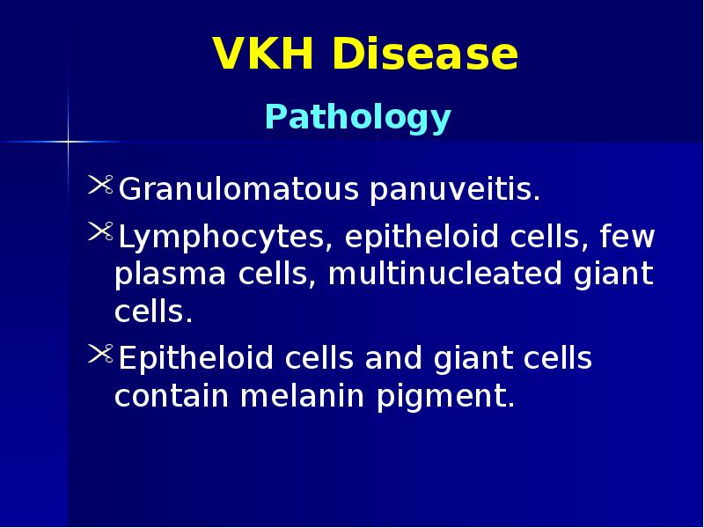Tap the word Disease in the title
[x=426, y=55]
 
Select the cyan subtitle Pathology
[x=358, y=117]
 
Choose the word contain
[x=172, y=397]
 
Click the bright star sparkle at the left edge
[x=68, y=141]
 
